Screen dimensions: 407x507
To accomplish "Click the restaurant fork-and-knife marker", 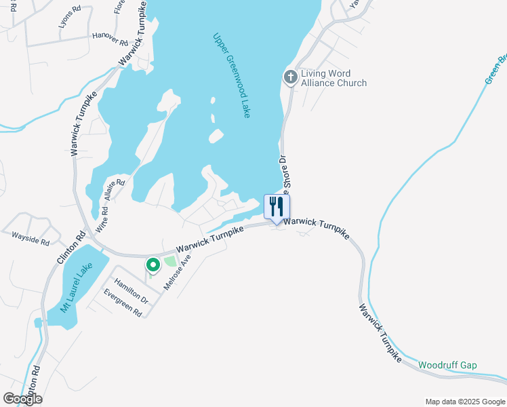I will coord(276,206).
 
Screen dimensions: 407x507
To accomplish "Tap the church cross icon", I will coord(290,77).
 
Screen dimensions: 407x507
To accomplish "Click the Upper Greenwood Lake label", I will coord(231,75).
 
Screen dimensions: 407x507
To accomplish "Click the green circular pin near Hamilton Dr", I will coord(153,265).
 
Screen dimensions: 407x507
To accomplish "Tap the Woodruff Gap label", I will coord(447,365).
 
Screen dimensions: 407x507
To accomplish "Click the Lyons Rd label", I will coord(70,16).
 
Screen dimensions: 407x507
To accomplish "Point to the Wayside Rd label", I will coord(31,239).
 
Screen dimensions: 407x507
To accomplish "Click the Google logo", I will coord(22,398).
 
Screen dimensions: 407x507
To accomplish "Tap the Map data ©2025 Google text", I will coord(464,402).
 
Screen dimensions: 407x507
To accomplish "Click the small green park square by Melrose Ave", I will coord(170,262).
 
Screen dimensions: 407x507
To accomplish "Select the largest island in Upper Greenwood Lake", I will coord(216,136).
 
